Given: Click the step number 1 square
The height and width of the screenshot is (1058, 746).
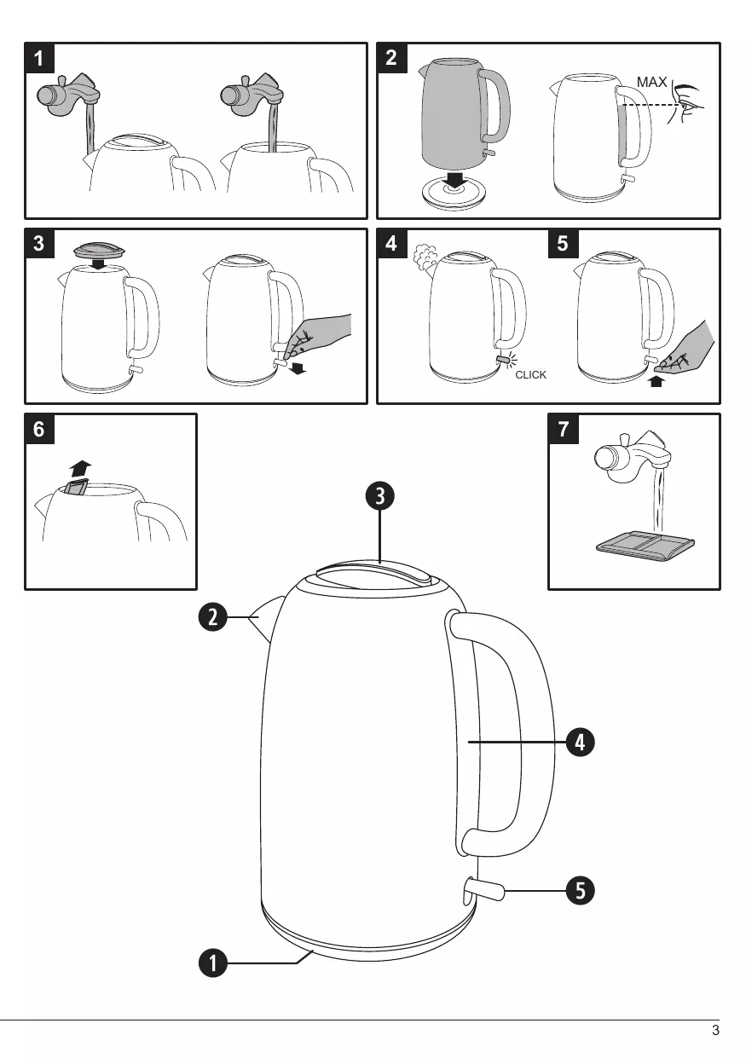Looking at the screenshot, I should [40, 59].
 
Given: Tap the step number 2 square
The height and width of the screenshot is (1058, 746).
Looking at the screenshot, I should [392, 59].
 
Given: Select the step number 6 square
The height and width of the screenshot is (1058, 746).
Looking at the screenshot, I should [40, 430].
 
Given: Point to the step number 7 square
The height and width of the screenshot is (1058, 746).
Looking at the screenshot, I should [563, 430].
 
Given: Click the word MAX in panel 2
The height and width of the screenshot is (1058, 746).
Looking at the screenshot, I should [652, 82].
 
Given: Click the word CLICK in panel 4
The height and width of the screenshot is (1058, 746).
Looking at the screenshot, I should [530, 375].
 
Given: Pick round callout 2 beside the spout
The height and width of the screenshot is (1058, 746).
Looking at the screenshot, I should [213, 616].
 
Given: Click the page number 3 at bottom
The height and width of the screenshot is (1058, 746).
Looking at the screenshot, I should [715, 1031].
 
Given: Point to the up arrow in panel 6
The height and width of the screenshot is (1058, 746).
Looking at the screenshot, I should [80, 468].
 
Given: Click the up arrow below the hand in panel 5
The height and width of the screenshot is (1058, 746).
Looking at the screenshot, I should [655, 381].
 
